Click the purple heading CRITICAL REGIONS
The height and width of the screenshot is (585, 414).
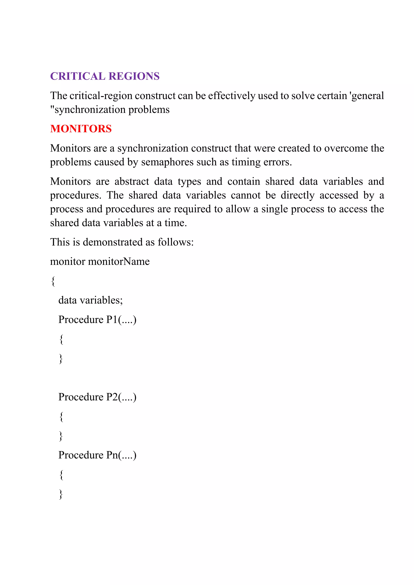point(105,76)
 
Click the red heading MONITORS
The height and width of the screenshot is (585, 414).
point(81,129)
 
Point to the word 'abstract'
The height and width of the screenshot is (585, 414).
point(132,181)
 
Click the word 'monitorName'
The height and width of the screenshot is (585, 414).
point(119,262)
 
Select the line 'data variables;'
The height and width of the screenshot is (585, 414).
point(91,300)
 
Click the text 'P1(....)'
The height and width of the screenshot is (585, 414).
point(121,320)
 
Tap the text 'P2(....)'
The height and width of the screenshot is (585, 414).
point(121,397)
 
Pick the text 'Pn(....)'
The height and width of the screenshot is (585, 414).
point(121,455)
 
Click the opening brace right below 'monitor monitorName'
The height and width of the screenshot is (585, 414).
point(53,281)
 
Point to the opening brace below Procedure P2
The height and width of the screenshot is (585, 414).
point(61,417)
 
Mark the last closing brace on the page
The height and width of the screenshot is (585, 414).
point(61,494)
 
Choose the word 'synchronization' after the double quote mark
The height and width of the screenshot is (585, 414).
point(90,110)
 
